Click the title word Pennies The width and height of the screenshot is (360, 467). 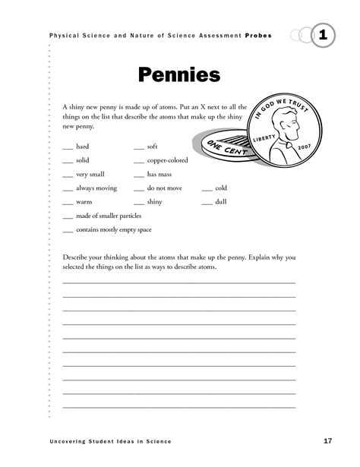179,76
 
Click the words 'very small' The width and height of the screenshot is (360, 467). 91,175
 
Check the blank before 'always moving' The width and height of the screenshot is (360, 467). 68,190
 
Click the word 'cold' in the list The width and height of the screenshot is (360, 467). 221,188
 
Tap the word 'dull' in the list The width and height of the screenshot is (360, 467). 221,203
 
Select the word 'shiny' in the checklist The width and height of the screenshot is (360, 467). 155,203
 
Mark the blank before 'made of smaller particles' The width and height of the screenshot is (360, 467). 68,218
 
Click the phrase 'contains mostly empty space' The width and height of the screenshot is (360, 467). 114,230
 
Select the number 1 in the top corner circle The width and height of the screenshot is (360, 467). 324,35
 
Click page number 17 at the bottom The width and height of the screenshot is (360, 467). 327,441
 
